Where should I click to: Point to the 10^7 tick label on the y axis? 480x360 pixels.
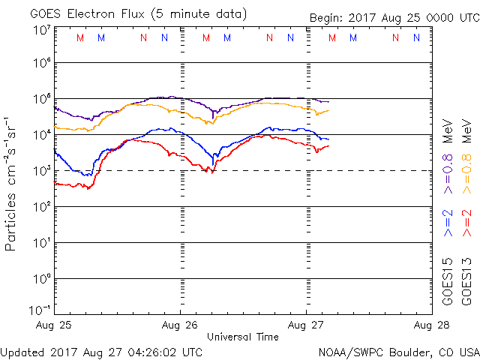pyautogui.click(x=41, y=29)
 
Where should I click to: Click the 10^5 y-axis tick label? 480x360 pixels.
pyautogui.click(x=41, y=99)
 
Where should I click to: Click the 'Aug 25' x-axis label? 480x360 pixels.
pyautogui.click(x=55, y=325)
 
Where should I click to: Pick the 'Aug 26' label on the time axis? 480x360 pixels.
pyautogui.click(x=180, y=325)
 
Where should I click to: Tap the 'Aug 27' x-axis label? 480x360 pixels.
pyautogui.click(x=306, y=325)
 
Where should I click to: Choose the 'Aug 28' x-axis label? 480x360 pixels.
pyautogui.click(x=430, y=325)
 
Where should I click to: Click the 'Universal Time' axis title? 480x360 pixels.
pyautogui.click(x=243, y=337)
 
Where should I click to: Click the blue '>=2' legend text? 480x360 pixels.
pyautogui.click(x=448, y=223)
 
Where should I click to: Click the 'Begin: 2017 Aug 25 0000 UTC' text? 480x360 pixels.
pyautogui.click(x=393, y=18)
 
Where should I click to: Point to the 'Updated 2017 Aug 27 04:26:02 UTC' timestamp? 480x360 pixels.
pyautogui.click(x=101, y=351)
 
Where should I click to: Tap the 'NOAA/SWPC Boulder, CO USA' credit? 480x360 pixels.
pyautogui.click(x=397, y=351)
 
